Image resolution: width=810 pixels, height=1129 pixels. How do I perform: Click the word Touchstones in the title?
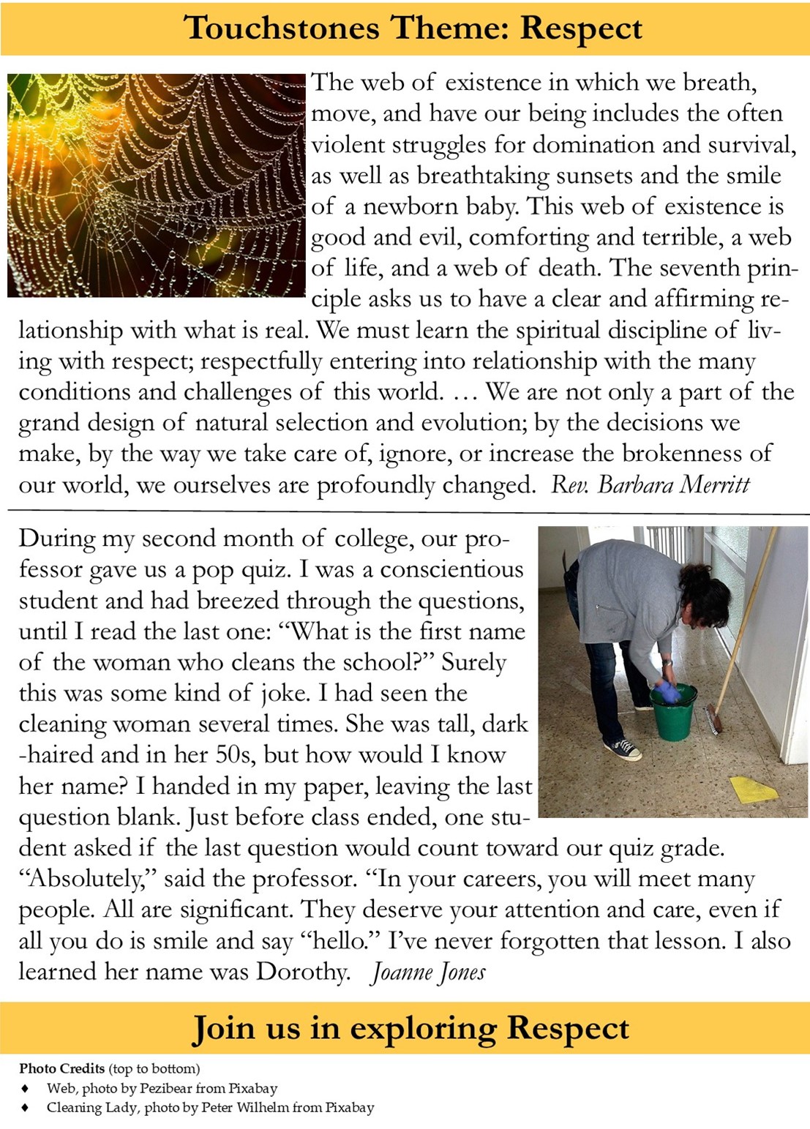pos(282,29)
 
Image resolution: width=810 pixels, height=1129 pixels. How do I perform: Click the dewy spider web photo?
pos(156,184)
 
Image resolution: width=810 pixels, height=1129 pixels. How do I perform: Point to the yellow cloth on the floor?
pos(753,789)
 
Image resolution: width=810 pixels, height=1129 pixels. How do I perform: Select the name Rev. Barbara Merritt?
pos(650,484)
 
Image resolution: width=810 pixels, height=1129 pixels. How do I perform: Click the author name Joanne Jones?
pos(428,972)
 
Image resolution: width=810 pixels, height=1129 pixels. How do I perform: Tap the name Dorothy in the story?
pos(302,972)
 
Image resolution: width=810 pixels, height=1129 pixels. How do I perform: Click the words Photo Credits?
pos(62,1068)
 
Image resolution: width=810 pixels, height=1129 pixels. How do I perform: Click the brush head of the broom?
pos(713,719)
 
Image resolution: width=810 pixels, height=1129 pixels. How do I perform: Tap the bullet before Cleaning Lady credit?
pos(26,1108)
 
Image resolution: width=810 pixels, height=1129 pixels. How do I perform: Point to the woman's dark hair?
pos(705,594)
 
